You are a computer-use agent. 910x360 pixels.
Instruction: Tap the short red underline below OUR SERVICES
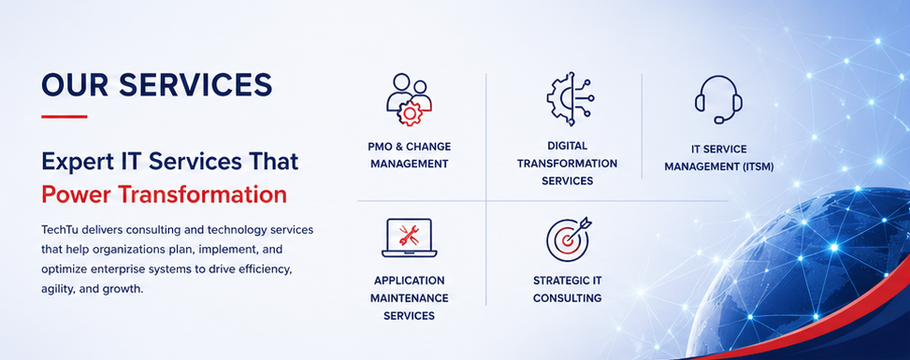[x=65, y=116]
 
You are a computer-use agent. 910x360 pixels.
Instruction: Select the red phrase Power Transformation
[x=165, y=195]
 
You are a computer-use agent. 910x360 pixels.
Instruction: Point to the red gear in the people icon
[x=411, y=112]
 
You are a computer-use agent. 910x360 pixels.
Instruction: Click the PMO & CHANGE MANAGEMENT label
[x=409, y=155]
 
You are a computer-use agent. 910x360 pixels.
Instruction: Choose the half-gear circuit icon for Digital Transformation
[x=569, y=98]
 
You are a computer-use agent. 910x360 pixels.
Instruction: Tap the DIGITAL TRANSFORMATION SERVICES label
[x=567, y=163]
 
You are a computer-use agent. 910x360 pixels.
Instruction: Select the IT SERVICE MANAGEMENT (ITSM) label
[x=718, y=158]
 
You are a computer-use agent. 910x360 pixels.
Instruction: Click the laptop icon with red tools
[x=409, y=238]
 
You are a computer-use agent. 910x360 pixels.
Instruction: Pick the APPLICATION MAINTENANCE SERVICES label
[x=409, y=298]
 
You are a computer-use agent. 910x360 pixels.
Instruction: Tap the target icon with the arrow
[x=569, y=238]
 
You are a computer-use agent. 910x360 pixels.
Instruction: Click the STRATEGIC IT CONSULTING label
[x=567, y=289]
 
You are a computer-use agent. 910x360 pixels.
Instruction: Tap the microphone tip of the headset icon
[x=719, y=121]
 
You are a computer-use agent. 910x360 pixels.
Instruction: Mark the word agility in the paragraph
[x=57, y=290]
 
